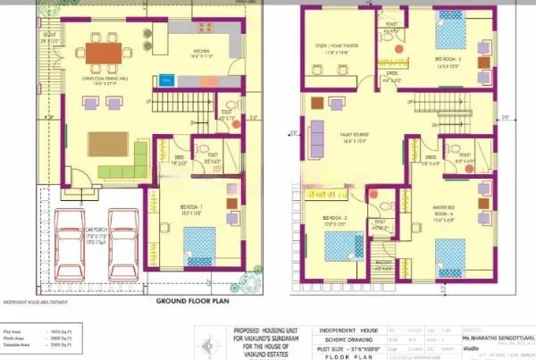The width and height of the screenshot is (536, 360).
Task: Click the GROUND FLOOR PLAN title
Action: pos(192,302)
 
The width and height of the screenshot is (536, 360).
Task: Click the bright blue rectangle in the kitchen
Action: pos(166,80)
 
